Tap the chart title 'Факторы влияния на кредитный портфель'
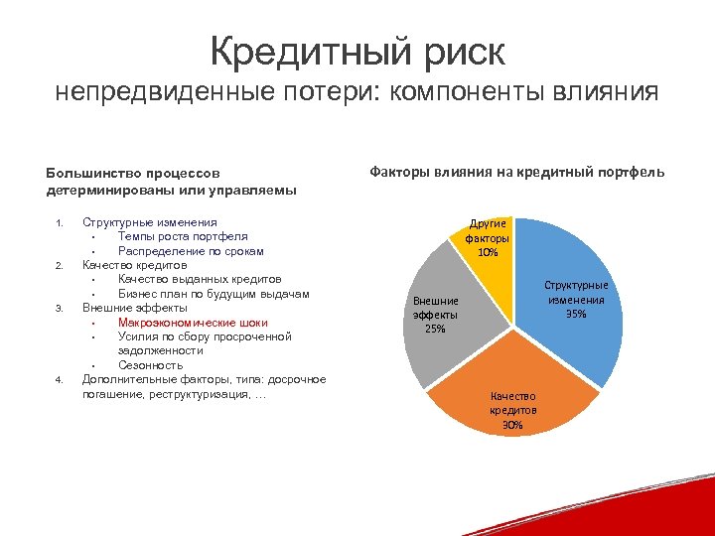(517, 173)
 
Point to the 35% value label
(576, 315)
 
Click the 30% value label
(512, 425)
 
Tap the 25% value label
(435, 329)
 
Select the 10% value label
(488, 252)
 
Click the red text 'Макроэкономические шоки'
(192, 323)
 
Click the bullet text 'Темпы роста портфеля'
(183, 236)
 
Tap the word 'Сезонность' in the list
(150, 365)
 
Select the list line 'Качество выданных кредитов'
(199, 280)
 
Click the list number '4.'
(60, 380)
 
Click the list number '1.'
(60, 222)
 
